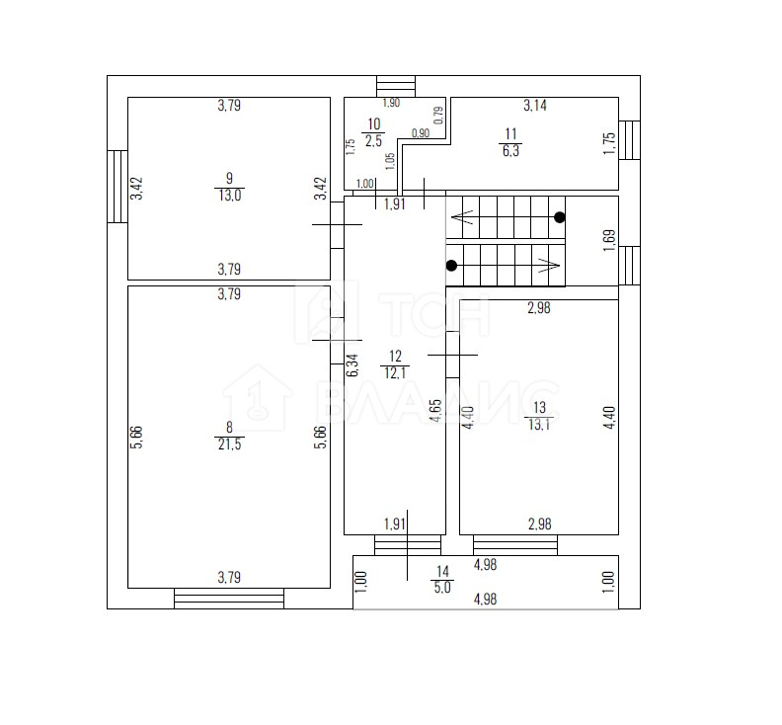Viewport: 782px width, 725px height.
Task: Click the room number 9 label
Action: (x=229, y=178)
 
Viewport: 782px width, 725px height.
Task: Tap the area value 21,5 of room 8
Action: (x=229, y=444)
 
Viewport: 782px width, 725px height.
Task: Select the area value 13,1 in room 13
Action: (x=539, y=425)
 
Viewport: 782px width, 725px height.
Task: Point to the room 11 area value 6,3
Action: (x=510, y=151)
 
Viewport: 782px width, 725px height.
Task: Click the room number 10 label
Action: (x=373, y=123)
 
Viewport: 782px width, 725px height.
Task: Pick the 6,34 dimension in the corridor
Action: (x=352, y=364)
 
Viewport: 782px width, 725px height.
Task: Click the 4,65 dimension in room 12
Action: (x=435, y=411)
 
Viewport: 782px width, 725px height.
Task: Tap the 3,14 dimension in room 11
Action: (x=534, y=106)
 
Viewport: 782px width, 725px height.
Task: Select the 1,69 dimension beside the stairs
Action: (x=609, y=240)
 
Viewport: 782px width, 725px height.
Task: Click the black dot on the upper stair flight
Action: (x=560, y=217)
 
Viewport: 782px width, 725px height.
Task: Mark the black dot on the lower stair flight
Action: (x=451, y=266)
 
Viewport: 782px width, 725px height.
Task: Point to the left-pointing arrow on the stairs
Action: (x=462, y=217)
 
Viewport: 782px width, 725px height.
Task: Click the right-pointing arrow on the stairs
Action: (x=548, y=266)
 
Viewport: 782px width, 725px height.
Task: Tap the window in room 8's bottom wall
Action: (x=229, y=599)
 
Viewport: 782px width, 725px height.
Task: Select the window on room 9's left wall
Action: (x=117, y=186)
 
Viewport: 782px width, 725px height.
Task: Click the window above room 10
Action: (x=396, y=86)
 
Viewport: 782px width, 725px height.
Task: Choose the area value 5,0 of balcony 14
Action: (x=442, y=588)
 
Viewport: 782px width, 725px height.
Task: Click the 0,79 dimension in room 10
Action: (x=438, y=116)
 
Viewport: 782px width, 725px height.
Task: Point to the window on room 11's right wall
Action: (x=629, y=139)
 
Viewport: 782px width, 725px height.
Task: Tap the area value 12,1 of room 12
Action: (x=395, y=372)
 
